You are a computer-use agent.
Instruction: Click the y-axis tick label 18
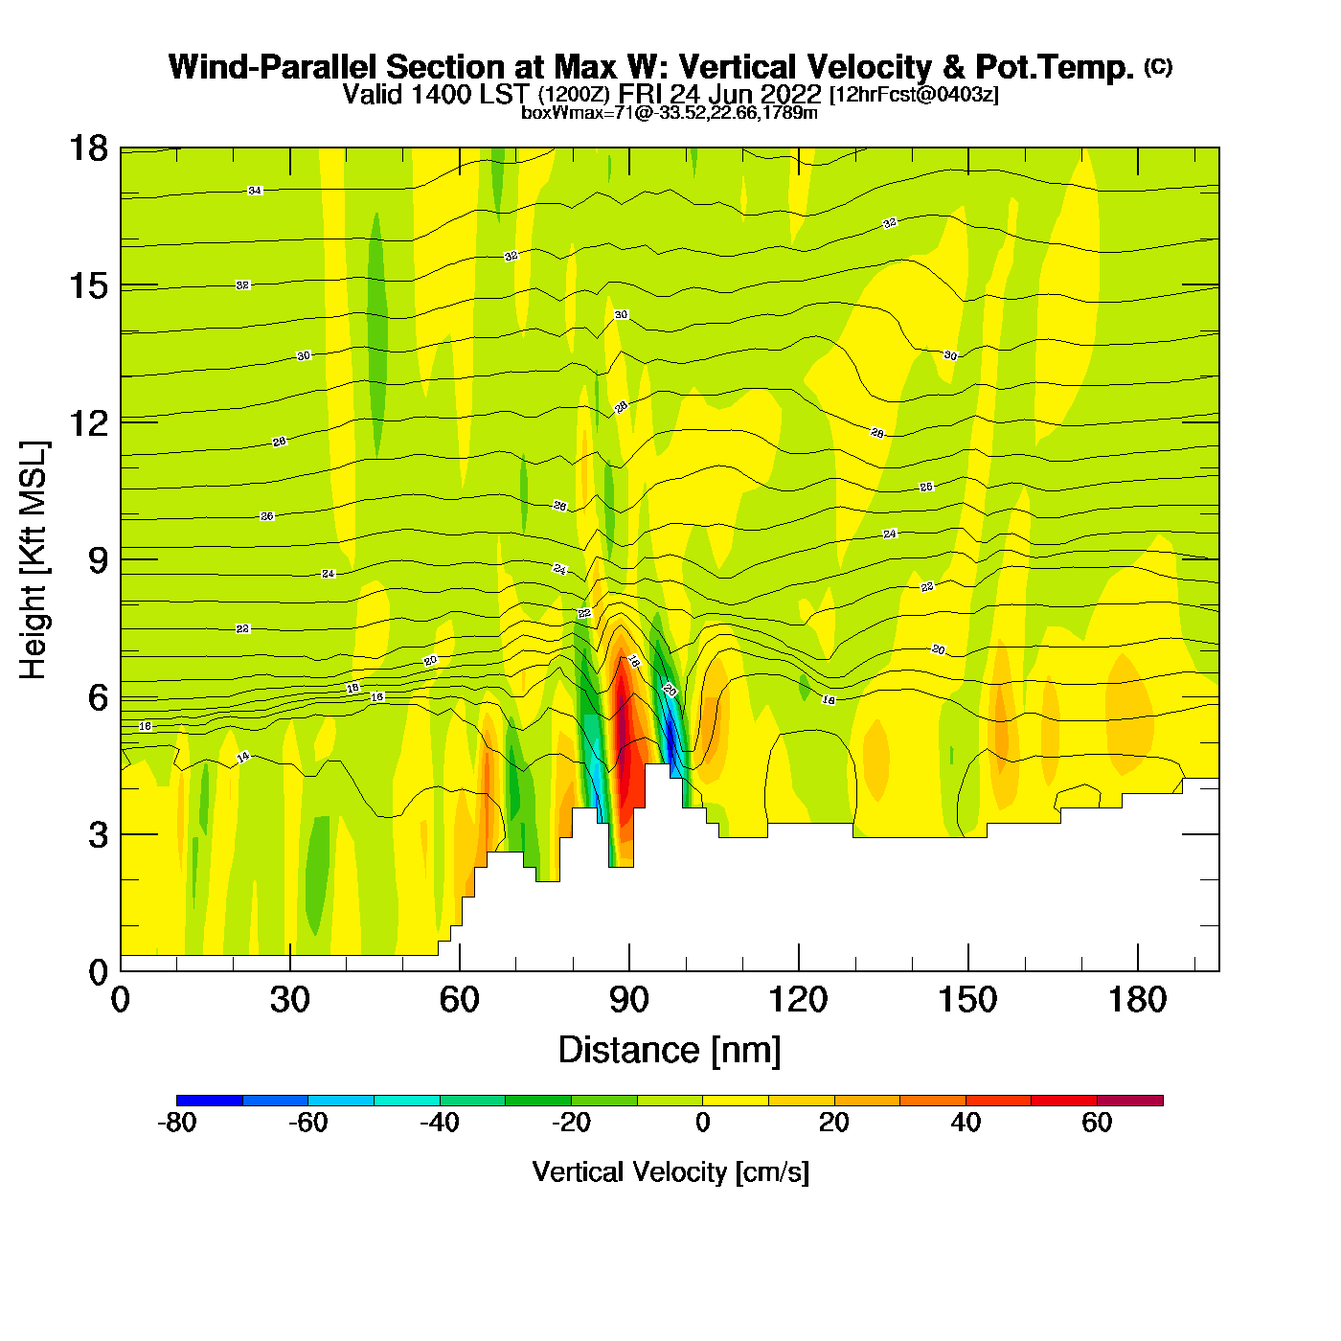(x=87, y=148)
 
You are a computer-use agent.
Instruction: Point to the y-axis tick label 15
(x=87, y=285)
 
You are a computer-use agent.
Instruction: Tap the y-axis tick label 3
(x=98, y=835)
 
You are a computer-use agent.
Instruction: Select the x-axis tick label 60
(x=459, y=1000)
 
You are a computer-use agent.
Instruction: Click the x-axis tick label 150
(x=967, y=1000)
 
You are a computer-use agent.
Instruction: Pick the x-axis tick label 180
(x=1137, y=1000)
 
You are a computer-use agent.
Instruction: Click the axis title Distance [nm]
(x=670, y=1051)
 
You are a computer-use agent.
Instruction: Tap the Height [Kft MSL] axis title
(x=34, y=560)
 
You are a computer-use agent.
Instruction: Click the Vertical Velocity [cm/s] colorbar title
(x=670, y=1171)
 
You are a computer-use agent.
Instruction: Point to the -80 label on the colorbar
(x=176, y=1123)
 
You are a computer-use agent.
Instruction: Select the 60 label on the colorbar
(x=1097, y=1123)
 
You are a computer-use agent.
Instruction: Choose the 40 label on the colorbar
(x=966, y=1123)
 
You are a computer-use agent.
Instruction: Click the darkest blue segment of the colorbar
(x=210, y=1101)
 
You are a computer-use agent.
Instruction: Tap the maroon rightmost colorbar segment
(x=1130, y=1101)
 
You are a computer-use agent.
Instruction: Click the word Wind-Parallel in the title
(x=274, y=67)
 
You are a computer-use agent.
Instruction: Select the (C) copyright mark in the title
(x=1158, y=66)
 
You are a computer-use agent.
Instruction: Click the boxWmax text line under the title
(x=670, y=113)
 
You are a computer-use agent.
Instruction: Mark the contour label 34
(x=255, y=191)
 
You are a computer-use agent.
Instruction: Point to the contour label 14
(x=243, y=757)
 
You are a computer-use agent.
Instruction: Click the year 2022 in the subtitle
(x=791, y=94)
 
